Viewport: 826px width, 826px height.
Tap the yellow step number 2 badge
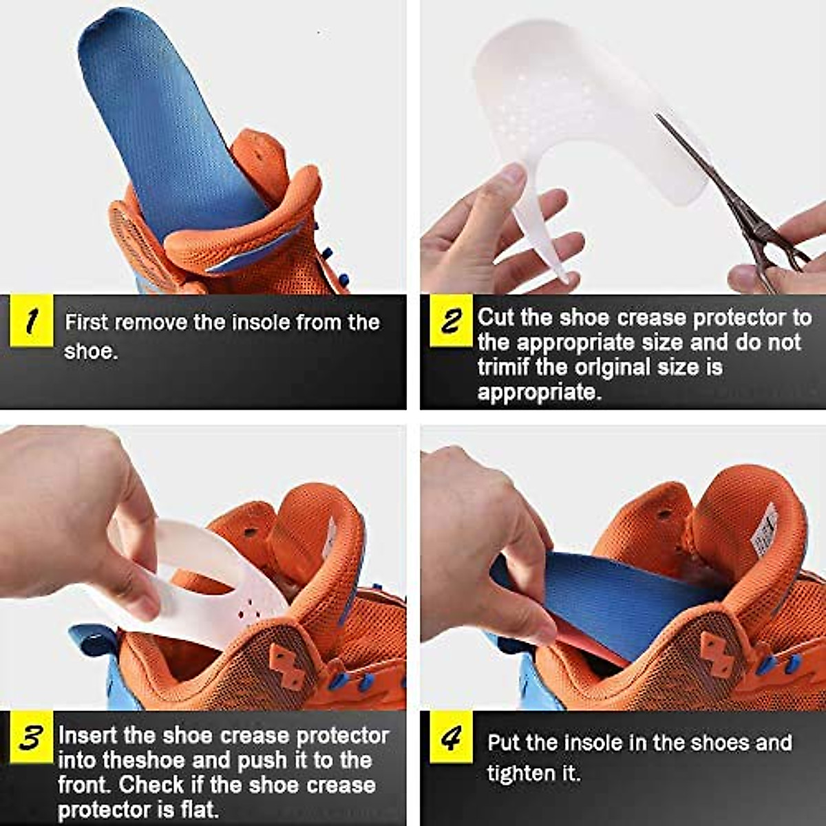[451, 321]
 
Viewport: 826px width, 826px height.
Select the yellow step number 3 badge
[31, 738]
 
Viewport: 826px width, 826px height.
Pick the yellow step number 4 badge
[451, 740]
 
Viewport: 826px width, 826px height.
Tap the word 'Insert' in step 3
[87, 735]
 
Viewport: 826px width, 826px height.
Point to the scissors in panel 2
[743, 206]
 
